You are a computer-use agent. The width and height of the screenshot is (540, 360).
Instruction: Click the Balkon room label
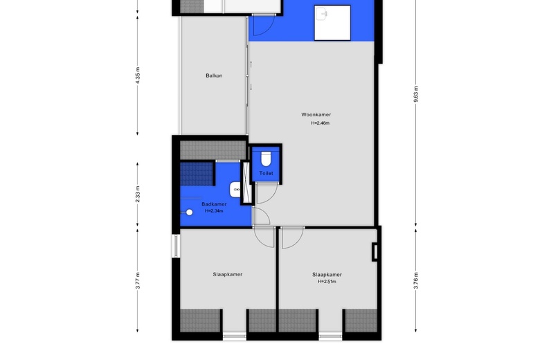point(214,75)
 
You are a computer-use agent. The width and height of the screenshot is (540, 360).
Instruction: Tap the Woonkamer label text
point(316,115)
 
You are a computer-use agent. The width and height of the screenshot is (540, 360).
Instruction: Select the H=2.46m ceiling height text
point(321,123)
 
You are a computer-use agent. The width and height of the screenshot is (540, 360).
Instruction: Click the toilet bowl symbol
point(266,159)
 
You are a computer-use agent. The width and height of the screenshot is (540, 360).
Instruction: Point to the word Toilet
point(267,173)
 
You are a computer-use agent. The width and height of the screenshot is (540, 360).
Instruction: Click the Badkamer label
point(214,204)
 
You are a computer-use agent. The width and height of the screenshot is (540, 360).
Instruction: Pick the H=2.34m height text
point(214,211)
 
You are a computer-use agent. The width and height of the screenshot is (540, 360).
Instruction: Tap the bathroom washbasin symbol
point(235,190)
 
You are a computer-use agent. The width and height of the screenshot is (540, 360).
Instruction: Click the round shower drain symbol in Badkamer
point(189,213)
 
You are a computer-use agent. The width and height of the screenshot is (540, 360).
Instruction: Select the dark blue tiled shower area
point(197,174)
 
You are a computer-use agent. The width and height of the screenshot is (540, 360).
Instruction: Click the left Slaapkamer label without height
point(228,275)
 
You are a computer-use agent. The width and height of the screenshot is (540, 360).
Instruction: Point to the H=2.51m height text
point(327,282)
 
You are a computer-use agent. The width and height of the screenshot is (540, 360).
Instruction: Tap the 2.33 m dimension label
point(138,195)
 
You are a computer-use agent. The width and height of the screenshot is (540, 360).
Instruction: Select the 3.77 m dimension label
point(138,280)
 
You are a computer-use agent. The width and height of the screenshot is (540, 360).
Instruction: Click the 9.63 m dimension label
point(416,94)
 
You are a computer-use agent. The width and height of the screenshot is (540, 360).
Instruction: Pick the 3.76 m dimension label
point(416,281)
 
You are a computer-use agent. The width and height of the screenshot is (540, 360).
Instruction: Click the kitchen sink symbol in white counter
point(323,15)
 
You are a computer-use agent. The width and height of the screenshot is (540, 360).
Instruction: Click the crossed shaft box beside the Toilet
point(246,182)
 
